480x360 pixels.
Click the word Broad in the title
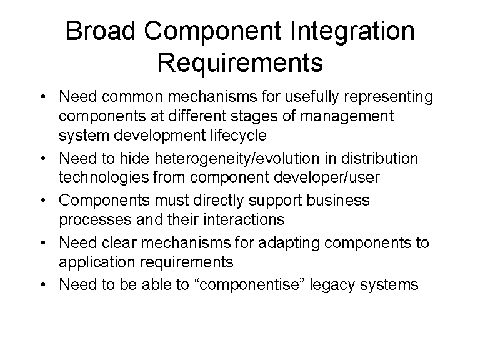pyautogui.click(x=101, y=31)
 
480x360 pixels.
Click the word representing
pyautogui.click(x=389, y=98)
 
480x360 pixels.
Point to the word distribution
pyautogui.click(x=379, y=158)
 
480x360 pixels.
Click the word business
pyautogui.click(x=338, y=200)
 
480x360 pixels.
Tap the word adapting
pyautogui.click(x=289, y=244)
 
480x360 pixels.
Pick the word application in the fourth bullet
pyautogui.click(x=97, y=263)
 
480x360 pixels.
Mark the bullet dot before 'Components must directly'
pyautogui.click(x=43, y=201)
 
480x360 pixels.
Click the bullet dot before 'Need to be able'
pyautogui.click(x=43, y=285)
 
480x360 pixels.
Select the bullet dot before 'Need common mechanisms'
pyautogui.click(x=43, y=97)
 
